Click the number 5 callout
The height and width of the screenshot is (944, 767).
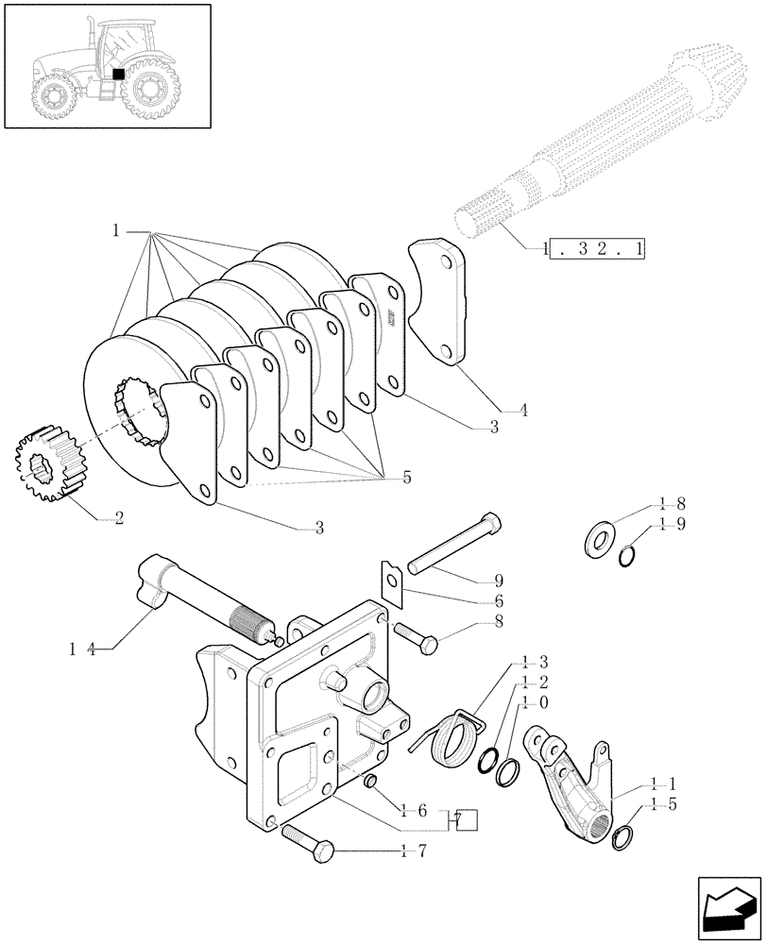click(407, 477)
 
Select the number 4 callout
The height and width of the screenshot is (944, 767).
click(523, 411)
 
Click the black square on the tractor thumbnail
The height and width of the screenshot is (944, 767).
click(118, 73)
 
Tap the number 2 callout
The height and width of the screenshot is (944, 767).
click(118, 517)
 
